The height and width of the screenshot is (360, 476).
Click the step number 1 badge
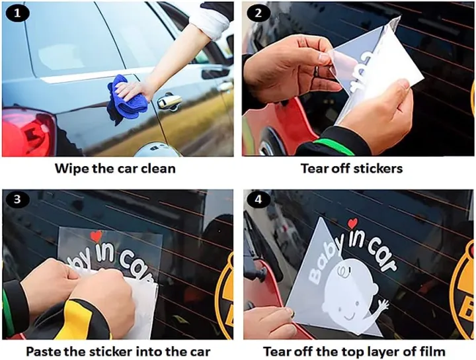17,14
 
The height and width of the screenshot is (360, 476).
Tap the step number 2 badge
258,14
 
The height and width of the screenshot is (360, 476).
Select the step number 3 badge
17,199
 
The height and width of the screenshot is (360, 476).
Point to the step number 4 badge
258,199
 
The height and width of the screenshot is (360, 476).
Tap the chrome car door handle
169,101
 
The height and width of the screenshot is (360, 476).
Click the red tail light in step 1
29,132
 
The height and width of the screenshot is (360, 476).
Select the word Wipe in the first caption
71,168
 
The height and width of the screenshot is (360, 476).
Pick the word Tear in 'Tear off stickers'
313,168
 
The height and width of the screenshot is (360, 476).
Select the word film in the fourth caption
434,351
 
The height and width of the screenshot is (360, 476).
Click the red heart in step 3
97,236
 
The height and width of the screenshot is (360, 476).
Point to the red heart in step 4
352,223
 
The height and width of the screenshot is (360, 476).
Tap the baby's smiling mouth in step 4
349,317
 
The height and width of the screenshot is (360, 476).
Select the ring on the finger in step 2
316,71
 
